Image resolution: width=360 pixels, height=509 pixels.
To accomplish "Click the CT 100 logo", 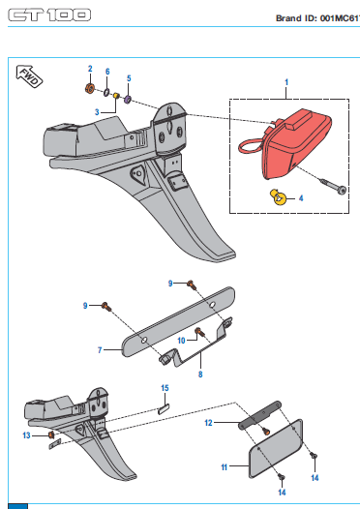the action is [49, 15].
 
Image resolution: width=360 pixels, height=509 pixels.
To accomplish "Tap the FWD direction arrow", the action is [29, 76].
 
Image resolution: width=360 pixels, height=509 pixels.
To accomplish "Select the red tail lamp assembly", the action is [285, 143].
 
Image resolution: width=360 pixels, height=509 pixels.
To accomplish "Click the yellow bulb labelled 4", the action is [278, 197].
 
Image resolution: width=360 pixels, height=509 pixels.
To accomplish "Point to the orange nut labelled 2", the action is [90, 88].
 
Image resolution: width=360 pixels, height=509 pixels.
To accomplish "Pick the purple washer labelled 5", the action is [128, 99].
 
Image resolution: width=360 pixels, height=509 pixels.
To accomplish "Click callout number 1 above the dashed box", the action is [286, 82].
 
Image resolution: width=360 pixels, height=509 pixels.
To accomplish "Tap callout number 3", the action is [97, 112].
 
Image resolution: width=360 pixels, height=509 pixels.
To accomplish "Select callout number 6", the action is [107, 72].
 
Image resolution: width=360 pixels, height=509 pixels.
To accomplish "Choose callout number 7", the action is [100, 350].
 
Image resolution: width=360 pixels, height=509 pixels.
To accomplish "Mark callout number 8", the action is [200, 374].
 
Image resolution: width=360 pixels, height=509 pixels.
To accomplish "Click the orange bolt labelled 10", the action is [199, 332].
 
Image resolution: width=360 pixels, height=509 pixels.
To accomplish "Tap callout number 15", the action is [165, 388].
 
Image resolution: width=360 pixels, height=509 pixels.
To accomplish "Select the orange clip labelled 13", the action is [51, 434].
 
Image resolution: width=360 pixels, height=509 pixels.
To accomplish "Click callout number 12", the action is [208, 423].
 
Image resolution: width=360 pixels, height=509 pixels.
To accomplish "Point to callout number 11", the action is [224, 467].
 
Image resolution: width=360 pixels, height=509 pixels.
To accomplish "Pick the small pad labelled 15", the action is [164, 408].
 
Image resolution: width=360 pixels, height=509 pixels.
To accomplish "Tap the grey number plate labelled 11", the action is [276, 448].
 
